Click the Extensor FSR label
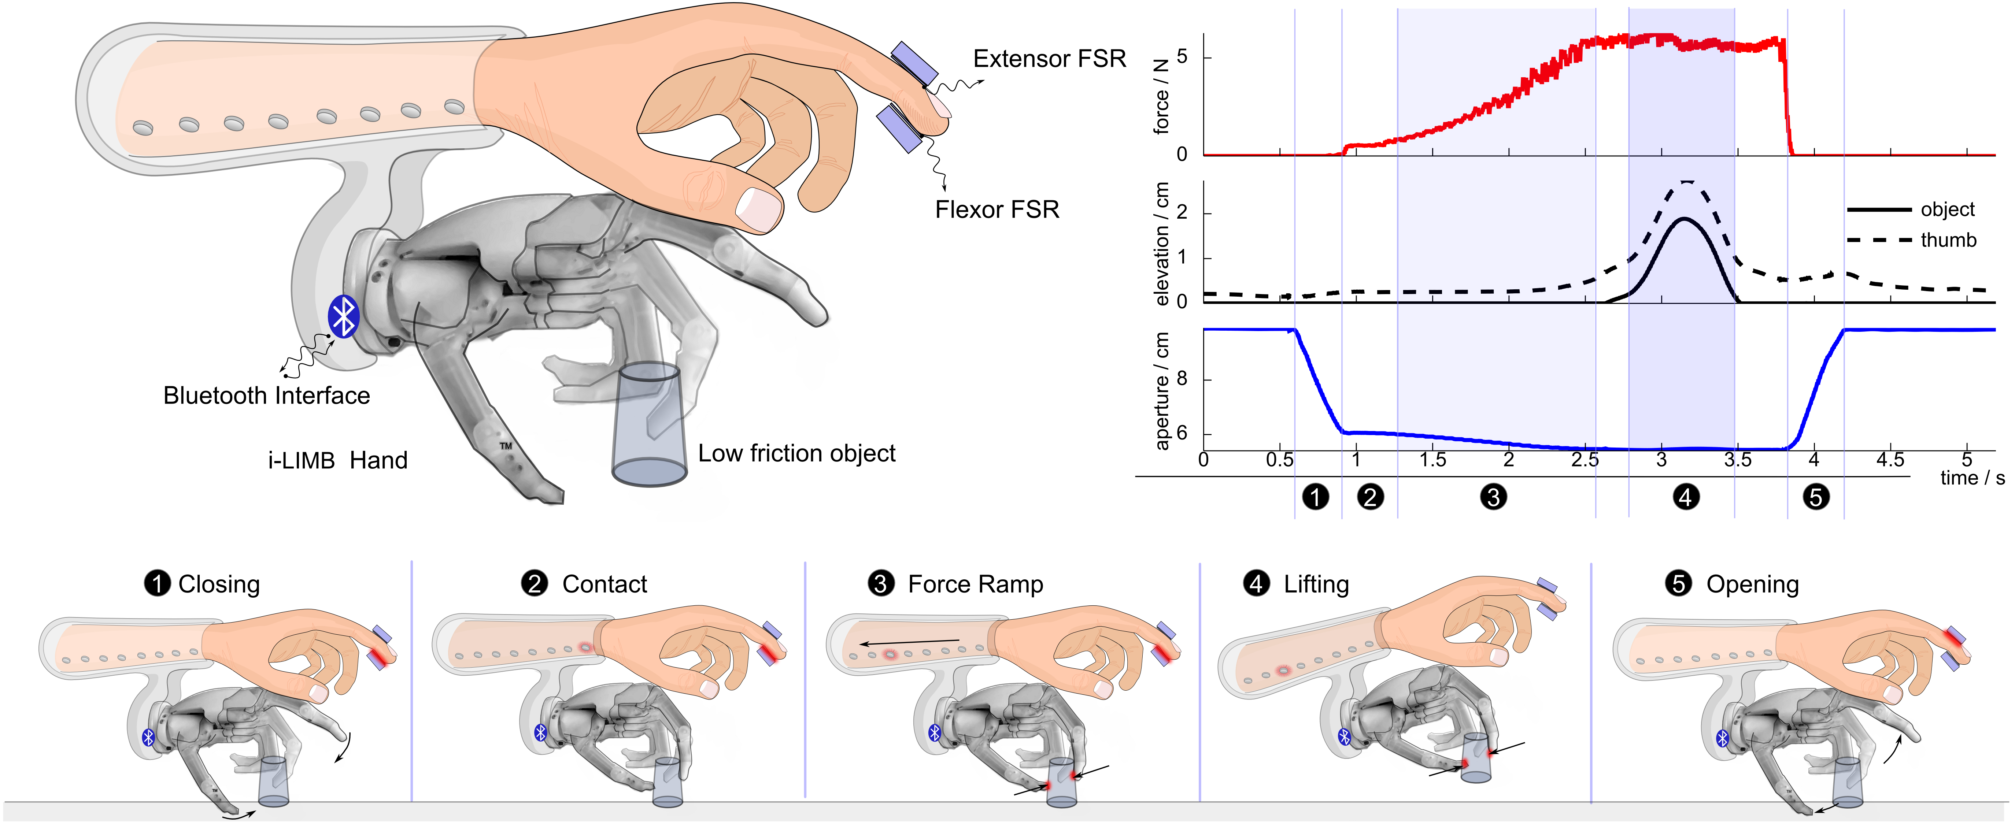coord(1049,59)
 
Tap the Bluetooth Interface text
coord(266,396)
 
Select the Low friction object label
coord(796,453)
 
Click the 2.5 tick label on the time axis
coord(1585,460)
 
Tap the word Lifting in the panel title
coord(1316,584)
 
